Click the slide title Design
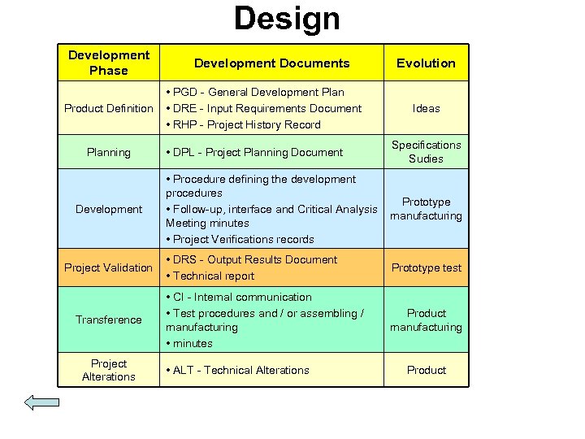[287, 18]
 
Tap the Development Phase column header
[109, 63]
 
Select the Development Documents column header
[271, 63]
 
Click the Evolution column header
[426, 63]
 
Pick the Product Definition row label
[109, 108]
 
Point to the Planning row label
[109, 152]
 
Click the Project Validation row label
[109, 267]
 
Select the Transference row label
[109, 319]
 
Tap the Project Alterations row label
[109, 370]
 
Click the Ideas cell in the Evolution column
[426, 108]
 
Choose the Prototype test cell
[426, 267]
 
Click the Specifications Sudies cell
[426, 152]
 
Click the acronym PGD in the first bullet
[184, 93]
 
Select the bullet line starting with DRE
[264, 108]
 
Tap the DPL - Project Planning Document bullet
[254, 152]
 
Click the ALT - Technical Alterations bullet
[237, 370]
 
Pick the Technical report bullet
[210, 276]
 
